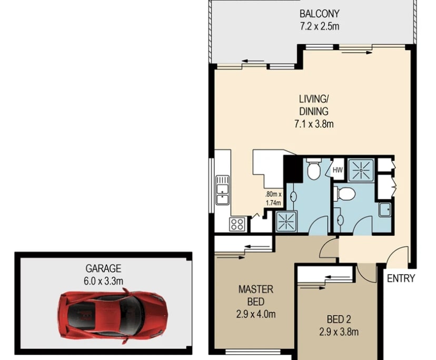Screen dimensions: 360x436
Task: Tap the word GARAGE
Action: pos(104,267)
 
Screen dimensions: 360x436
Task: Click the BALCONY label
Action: pos(319,14)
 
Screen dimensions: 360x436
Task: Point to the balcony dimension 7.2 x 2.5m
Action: pos(319,25)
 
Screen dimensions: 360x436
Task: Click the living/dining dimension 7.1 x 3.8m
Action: pos(314,124)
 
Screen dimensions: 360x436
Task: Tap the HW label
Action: pos(337,169)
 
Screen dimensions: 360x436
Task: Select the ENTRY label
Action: pos(401,278)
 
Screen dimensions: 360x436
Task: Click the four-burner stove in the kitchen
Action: pos(237,224)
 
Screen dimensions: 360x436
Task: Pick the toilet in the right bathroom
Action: pos(346,193)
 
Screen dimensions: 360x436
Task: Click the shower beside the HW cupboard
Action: pos(361,169)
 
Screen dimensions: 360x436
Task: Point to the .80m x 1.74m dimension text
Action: pos(273,197)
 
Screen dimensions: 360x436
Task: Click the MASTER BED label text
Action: pos(256,295)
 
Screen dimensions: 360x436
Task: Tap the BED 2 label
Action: pos(339,319)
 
